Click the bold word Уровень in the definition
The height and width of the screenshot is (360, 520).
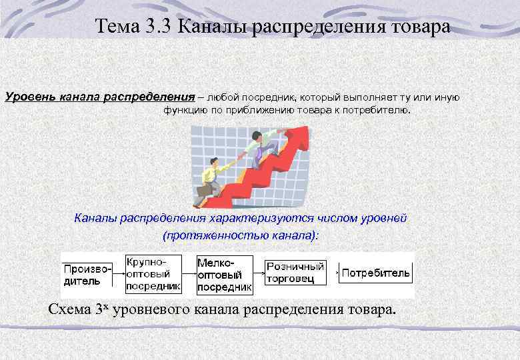pyautogui.click(x=29, y=97)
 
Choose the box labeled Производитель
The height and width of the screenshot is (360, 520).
pyautogui.click(x=87, y=275)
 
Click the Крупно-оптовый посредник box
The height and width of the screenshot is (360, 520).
pyautogui.click(x=153, y=274)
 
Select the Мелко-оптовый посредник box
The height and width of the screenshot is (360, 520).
pyautogui.click(x=225, y=274)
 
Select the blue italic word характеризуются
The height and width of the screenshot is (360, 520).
pyautogui.click(x=251, y=218)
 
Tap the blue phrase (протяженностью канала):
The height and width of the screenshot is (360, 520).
pyautogui.click(x=241, y=235)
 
